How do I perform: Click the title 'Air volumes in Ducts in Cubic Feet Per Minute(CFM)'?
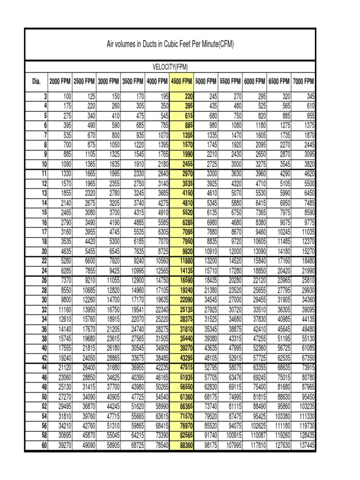[x=170, y=45]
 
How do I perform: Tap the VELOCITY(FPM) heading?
[x=170, y=67]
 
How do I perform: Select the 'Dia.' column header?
[x=37, y=81]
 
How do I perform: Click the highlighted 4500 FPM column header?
[x=182, y=81]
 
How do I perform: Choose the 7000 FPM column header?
[x=303, y=81]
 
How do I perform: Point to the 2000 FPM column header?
[x=60, y=81]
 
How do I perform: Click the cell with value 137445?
[x=305, y=445]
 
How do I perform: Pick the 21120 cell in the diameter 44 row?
[x=63, y=367]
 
